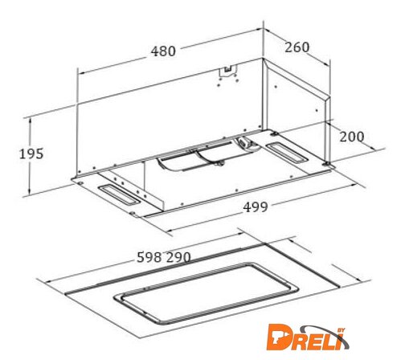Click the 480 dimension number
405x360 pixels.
(163, 51)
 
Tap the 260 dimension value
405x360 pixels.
(297, 47)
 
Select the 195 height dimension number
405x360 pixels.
(31, 154)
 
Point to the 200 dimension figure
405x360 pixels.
(352, 137)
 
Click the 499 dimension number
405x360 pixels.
(256, 207)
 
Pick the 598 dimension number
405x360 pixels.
(149, 257)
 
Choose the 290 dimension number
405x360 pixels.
(178, 257)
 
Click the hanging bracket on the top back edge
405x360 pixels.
(227, 70)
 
